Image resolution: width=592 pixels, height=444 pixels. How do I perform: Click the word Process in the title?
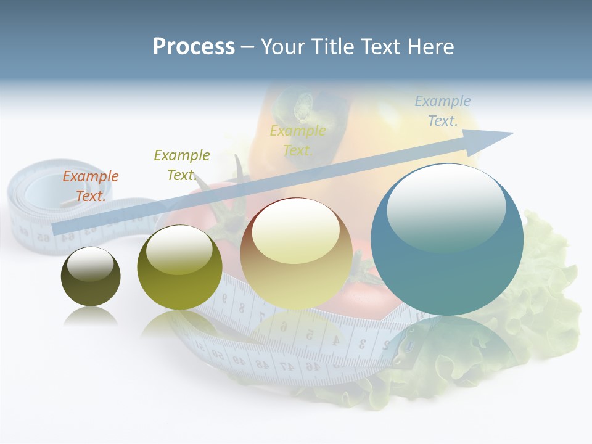point(194,47)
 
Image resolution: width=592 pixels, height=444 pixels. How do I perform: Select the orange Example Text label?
point(90,186)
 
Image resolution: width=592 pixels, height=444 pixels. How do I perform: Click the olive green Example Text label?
point(181,165)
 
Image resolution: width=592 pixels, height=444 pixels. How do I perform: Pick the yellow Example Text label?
point(298,141)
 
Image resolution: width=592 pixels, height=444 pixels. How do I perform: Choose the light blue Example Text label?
point(442,111)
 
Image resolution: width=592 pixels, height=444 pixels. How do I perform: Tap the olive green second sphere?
point(179,268)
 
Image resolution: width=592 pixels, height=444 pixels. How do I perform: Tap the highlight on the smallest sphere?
point(90,265)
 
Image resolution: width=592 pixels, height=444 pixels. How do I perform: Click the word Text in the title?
point(380,47)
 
